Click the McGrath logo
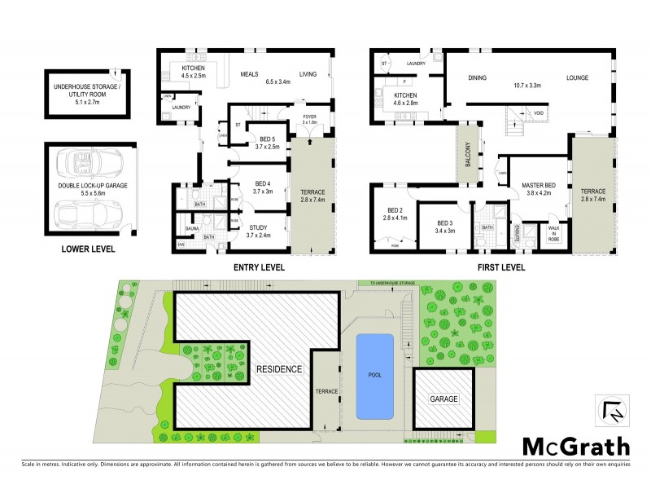coord(575,446)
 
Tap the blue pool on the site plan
coord(374,375)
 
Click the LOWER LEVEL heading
coord(88,249)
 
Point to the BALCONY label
coord(467,152)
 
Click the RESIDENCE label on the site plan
coord(281,368)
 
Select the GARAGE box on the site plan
coord(444,399)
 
